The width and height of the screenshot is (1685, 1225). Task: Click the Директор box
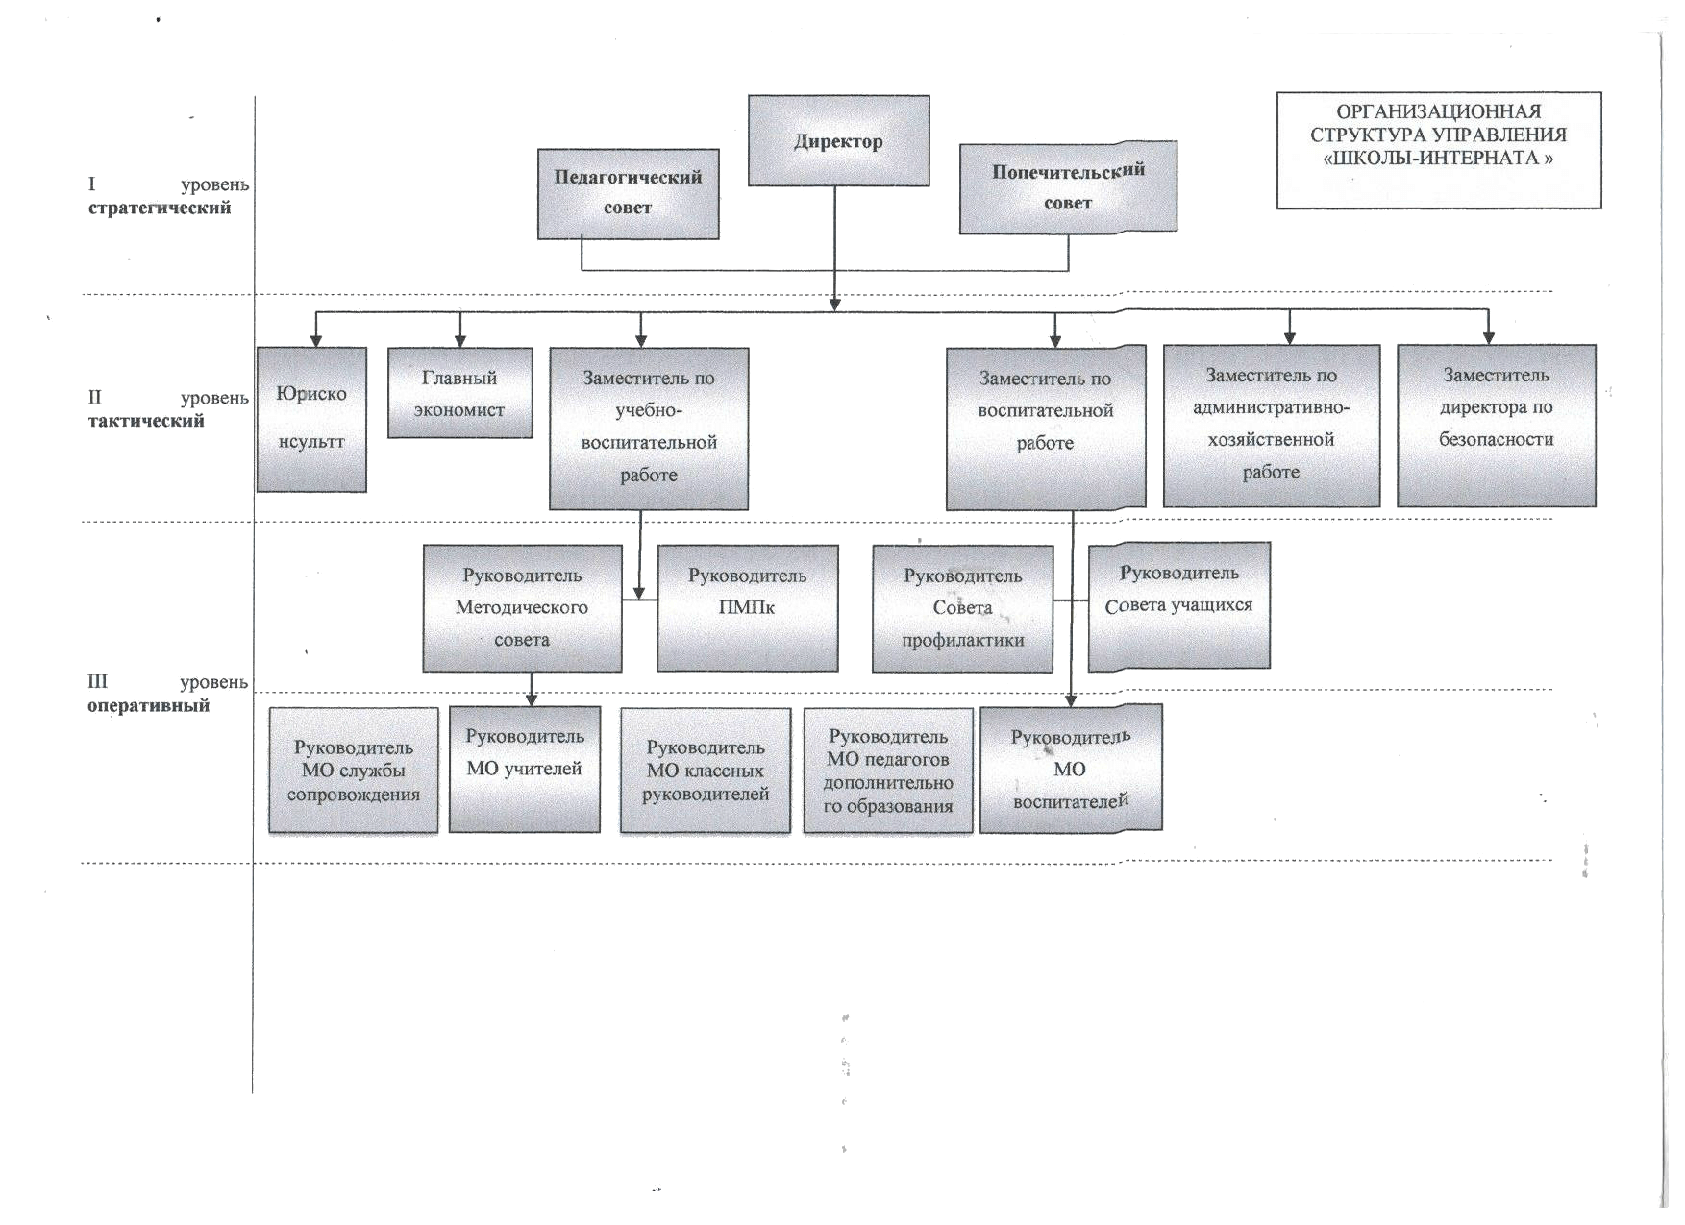(x=838, y=140)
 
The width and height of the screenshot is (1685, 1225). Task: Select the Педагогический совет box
(x=628, y=193)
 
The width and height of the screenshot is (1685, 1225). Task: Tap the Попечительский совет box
(x=1068, y=187)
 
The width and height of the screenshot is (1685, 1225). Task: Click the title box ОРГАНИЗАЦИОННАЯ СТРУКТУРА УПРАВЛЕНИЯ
(x=1438, y=150)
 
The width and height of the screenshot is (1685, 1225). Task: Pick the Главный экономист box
(x=459, y=393)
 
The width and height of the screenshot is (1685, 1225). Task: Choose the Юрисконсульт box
(x=311, y=420)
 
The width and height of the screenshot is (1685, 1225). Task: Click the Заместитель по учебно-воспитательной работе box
(x=649, y=429)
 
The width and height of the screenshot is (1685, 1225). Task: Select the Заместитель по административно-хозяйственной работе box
(x=1271, y=426)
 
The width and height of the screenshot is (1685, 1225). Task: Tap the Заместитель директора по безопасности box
(x=1496, y=426)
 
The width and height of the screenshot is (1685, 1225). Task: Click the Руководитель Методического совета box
(x=522, y=608)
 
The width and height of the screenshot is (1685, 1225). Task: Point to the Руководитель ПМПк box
(x=747, y=608)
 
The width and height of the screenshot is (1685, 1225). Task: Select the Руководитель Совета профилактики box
(x=962, y=608)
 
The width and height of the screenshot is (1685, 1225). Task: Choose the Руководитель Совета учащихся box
(x=1178, y=605)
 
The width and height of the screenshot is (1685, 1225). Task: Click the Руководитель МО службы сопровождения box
(x=353, y=771)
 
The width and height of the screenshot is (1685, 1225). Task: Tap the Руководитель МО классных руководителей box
(x=706, y=771)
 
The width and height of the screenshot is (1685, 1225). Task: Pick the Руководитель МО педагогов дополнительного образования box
(x=887, y=771)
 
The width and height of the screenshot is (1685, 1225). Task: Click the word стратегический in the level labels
(x=160, y=208)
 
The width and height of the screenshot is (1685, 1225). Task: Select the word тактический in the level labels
(x=146, y=421)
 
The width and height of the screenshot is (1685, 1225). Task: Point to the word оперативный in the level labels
(x=148, y=706)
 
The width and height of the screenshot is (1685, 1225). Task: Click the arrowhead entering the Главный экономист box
(x=459, y=341)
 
